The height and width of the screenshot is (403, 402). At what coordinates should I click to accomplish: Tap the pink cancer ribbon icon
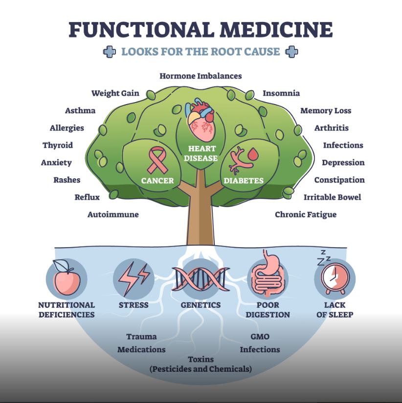point(157,161)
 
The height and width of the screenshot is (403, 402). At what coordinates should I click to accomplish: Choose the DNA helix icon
point(200,280)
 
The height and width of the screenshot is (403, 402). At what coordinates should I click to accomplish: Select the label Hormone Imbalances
point(201,76)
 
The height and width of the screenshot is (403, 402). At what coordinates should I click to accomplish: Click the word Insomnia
point(281,93)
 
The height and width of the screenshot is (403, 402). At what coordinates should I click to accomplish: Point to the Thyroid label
point(58,145)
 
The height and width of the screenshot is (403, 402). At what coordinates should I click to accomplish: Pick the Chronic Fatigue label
point(306,214)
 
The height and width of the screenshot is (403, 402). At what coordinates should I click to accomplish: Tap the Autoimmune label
point(113,214)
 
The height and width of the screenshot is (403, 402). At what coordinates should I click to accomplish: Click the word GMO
point(260,337)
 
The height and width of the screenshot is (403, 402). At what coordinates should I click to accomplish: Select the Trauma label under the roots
point(141,337)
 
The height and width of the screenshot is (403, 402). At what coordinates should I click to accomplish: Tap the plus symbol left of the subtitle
point(110,52)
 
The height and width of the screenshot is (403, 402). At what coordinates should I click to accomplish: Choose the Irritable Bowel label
point(332,197)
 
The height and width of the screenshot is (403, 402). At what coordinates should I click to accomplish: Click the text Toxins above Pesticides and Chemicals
point(201,360)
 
